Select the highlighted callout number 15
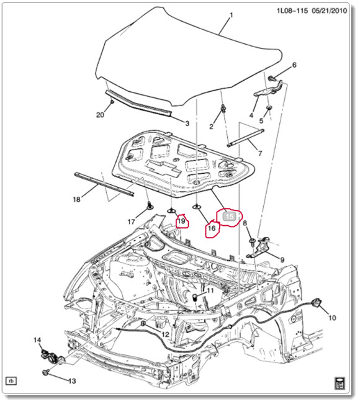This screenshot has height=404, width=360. pyautogui.click(x=229, y=216)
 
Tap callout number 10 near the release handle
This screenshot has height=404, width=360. pyautogui.click(x=332, y=318)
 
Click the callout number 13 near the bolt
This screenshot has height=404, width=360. pyautogui.click(x=72, y=381)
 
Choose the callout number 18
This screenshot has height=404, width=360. pyautogui.click(x=76, y=200)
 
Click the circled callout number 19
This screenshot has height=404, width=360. pyautogui.click(x=182, y=220)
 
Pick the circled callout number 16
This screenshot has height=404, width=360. pyautogui.click(x=211, y=228)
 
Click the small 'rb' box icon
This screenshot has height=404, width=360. pyautogui.click(x=11, y=380)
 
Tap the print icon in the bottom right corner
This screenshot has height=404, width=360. pyautogui.click(x=339, y=380)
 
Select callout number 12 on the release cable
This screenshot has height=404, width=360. pyautogui.click(x=164, y=335)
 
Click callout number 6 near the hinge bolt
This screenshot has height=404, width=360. pyautogui.click(x=294, y=65)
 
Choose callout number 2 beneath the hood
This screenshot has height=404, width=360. pyautogui.click(x=210, y=127)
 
